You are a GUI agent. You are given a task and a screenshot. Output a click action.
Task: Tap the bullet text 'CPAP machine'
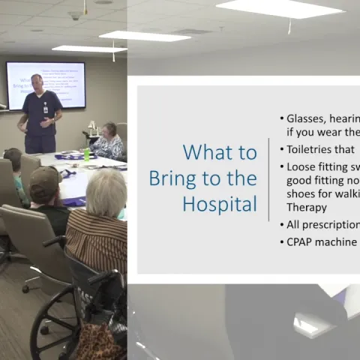[x=322, y=242]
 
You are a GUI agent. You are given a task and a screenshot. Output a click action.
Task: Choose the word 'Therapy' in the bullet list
[x=306, y=207]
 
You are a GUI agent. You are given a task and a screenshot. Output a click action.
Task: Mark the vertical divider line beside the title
[x=268, y=179]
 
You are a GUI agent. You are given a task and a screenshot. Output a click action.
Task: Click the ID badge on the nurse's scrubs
[x=46, y=109]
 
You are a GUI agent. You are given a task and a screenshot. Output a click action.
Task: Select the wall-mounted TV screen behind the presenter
[x=46, y=85]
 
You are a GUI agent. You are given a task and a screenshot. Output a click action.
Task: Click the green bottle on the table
[x=87, y=154]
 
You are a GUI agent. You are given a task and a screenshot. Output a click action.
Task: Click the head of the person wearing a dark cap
[x=44, y=183]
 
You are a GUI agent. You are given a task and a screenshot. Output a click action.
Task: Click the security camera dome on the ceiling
[x=74, y=15]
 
